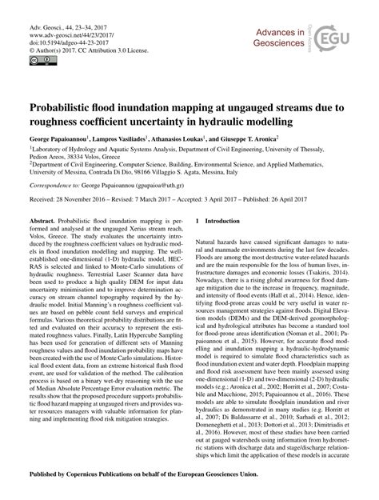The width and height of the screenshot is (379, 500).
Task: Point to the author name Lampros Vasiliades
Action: click(x=143, y=138)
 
